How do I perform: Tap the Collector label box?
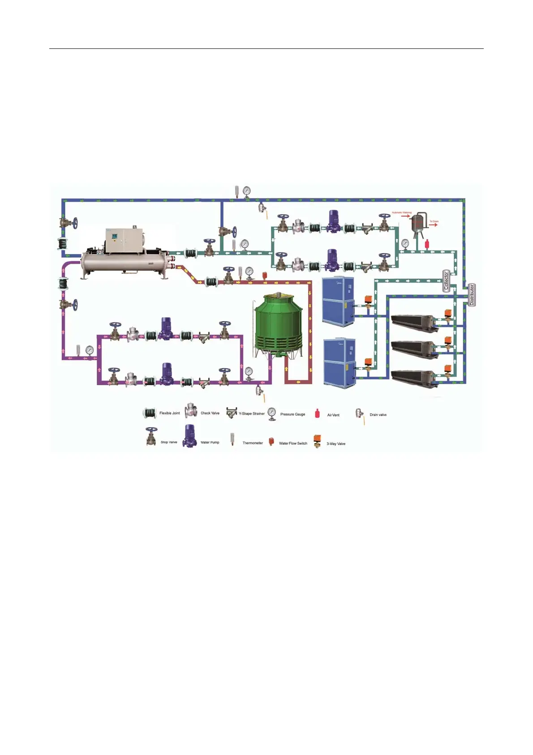446,282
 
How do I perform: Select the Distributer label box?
472,295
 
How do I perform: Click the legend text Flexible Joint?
169,413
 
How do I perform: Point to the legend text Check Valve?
210,413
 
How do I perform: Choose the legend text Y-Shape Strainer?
252,414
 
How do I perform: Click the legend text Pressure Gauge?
292,414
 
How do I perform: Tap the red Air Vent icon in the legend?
318,414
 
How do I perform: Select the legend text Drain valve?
378,415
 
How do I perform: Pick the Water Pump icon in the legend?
190,435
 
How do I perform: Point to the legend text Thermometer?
253,443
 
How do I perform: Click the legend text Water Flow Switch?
293,443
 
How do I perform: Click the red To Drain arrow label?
434,223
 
